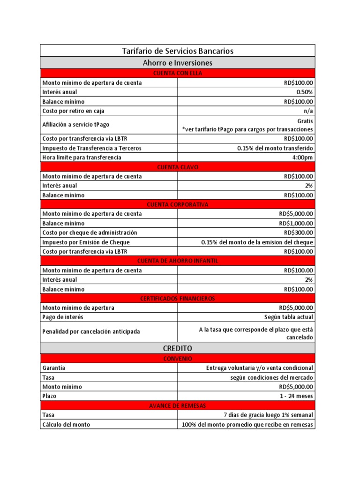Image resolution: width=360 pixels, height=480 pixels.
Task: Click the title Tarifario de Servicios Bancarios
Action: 178,51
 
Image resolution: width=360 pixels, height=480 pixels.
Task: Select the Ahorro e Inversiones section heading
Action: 178,62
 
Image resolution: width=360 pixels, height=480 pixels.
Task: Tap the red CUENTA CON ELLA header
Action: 178,73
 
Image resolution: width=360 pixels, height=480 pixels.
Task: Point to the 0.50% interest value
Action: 305,92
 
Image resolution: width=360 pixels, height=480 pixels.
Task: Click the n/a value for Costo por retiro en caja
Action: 309,111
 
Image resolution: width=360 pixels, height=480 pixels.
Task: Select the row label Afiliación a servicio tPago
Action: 75,124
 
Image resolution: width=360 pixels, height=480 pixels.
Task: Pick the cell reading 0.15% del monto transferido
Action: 275,148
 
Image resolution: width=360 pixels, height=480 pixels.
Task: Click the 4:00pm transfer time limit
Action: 303,157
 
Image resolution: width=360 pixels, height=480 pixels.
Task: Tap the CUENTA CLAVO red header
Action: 178,167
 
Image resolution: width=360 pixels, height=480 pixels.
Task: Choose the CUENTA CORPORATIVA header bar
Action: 178,204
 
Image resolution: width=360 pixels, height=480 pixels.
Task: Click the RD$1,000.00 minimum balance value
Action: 296,223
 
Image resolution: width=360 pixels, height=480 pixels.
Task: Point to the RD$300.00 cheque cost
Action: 299,232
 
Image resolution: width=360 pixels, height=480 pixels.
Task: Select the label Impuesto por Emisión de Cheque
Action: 86,242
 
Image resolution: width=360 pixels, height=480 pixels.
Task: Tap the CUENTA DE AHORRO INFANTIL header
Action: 178,261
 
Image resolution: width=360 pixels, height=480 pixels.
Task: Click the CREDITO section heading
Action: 178,348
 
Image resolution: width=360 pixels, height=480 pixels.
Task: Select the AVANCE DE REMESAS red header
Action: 178,405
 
